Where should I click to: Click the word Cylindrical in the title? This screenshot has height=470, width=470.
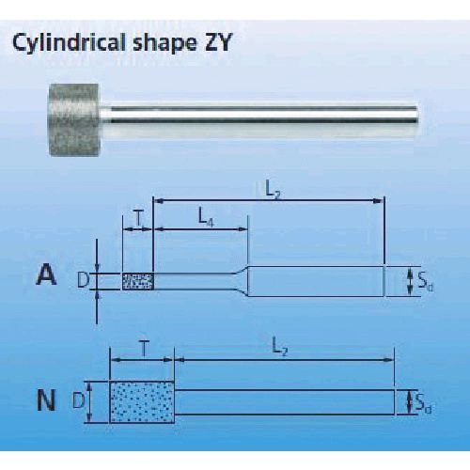(70, 42)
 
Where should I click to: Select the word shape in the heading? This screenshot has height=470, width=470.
(163, 44)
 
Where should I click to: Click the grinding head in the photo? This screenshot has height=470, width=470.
(74, 119)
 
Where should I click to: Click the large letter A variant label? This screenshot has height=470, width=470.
(47, 275)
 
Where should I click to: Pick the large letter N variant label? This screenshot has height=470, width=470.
(46, 400)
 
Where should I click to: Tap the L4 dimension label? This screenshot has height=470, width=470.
(207, 217)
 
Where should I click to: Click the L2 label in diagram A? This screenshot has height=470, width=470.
(273, 190)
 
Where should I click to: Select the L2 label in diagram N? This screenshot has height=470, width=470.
(279, 347)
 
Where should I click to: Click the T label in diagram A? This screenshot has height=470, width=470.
(138, 219)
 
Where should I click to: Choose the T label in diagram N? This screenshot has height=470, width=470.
(144, 349)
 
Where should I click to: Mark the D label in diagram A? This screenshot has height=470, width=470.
(84, 280)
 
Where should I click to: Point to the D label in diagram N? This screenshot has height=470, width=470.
(78, 400)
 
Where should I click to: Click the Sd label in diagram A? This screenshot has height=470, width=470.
(425, 282)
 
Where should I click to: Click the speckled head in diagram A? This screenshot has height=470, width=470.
(138, 281)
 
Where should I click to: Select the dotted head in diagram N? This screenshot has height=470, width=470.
(142, 402)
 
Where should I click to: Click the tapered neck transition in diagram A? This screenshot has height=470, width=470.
(242, 281)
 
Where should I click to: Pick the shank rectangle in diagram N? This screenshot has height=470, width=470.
(285, 402)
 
